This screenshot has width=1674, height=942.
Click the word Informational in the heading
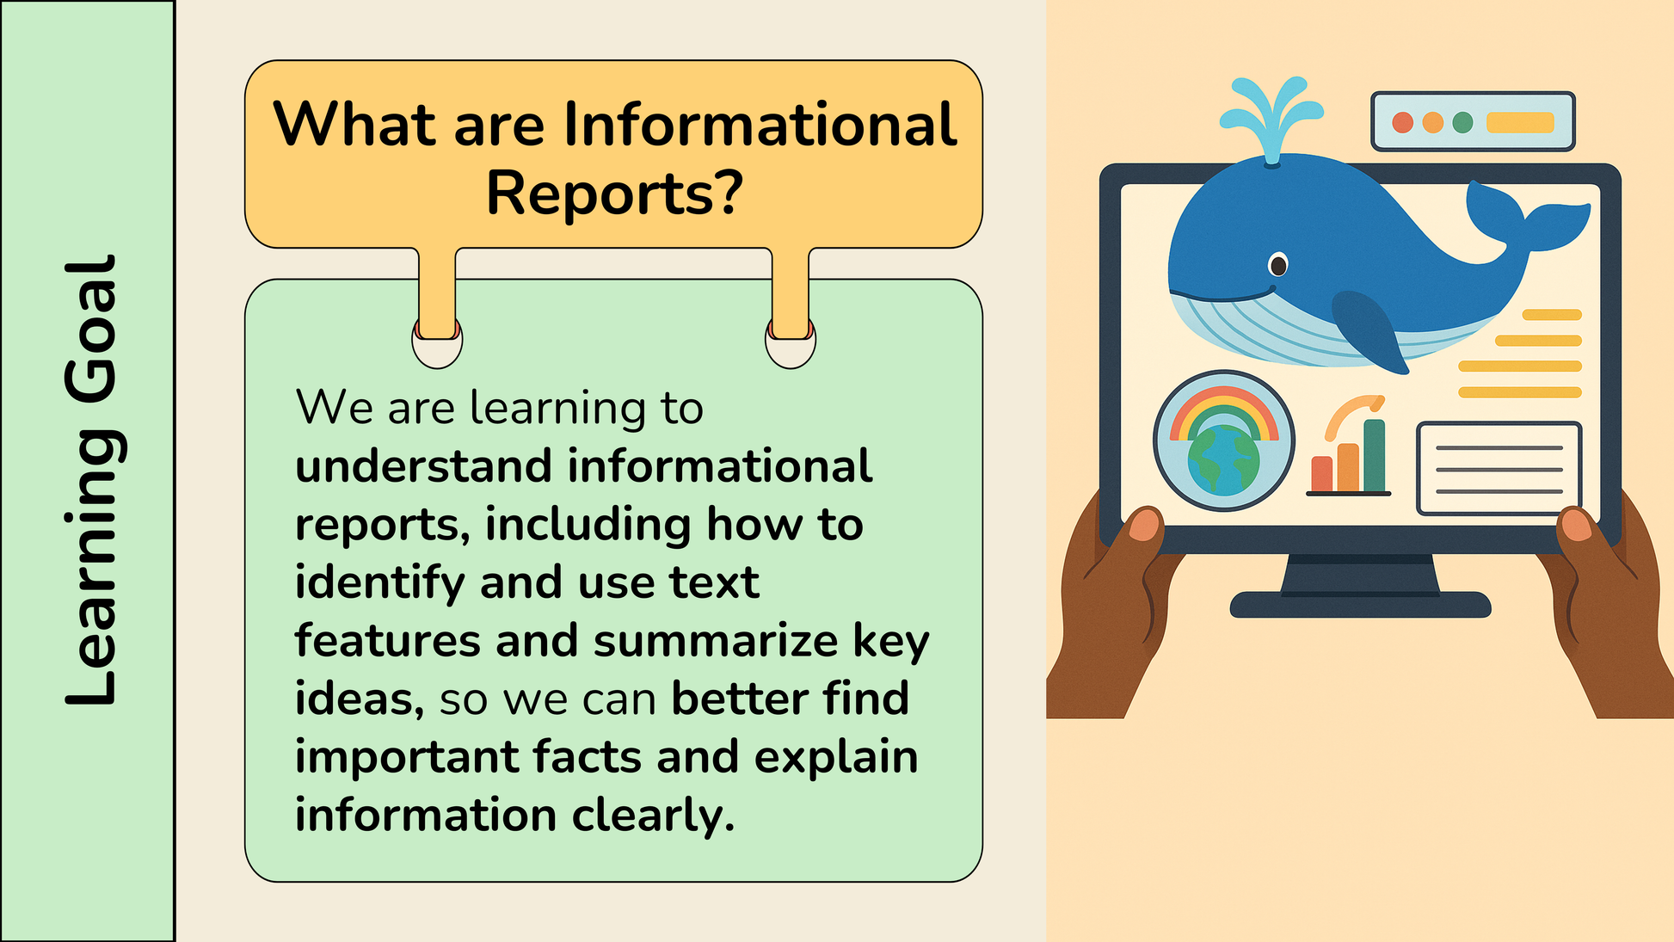click(x=760, y=125)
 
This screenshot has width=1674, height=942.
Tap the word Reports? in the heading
click(x=614, y=194)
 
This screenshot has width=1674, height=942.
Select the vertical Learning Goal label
click(x=91, y=481)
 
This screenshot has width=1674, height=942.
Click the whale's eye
click(x=1278, y=265)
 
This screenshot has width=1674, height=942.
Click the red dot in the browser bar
click(x=1403, y=122)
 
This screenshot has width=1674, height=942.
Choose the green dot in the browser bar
click(x=1462, y=122)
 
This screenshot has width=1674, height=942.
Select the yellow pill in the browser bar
click(x=1520, y=122)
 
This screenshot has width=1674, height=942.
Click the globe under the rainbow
click(x=1223, y=461)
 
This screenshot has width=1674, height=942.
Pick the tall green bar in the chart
click(x=1375, y=455)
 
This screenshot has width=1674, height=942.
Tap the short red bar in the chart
click(x=1321, y=474)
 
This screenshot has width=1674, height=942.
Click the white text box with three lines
click(x=1499, y=469)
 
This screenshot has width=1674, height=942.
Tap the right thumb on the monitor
click(x=1577, y=524)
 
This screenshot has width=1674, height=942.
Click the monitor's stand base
click(x=1360, y=605)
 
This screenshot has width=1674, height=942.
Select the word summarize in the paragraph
click(x=716, y=642)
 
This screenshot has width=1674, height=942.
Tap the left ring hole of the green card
click(x=437, y=342)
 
